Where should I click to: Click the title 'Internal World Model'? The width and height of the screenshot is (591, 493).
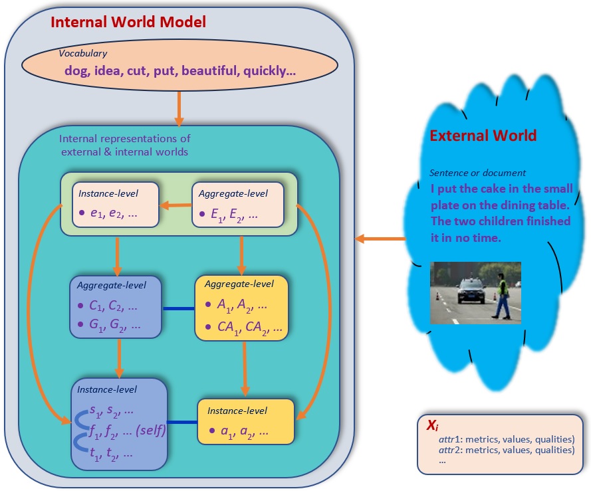coord(128,22)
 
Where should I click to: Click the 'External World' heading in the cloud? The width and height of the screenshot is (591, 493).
coord(483,136)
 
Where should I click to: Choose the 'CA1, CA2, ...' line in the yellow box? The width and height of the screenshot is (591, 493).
coord(250,328)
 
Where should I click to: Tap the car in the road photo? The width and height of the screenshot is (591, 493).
coord(471,292)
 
